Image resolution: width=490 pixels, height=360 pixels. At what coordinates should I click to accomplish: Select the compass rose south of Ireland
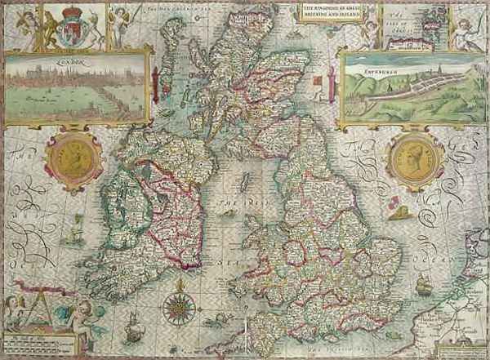pos(176,307)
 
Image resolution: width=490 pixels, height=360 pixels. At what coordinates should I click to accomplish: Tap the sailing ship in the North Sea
pos(422,286)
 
